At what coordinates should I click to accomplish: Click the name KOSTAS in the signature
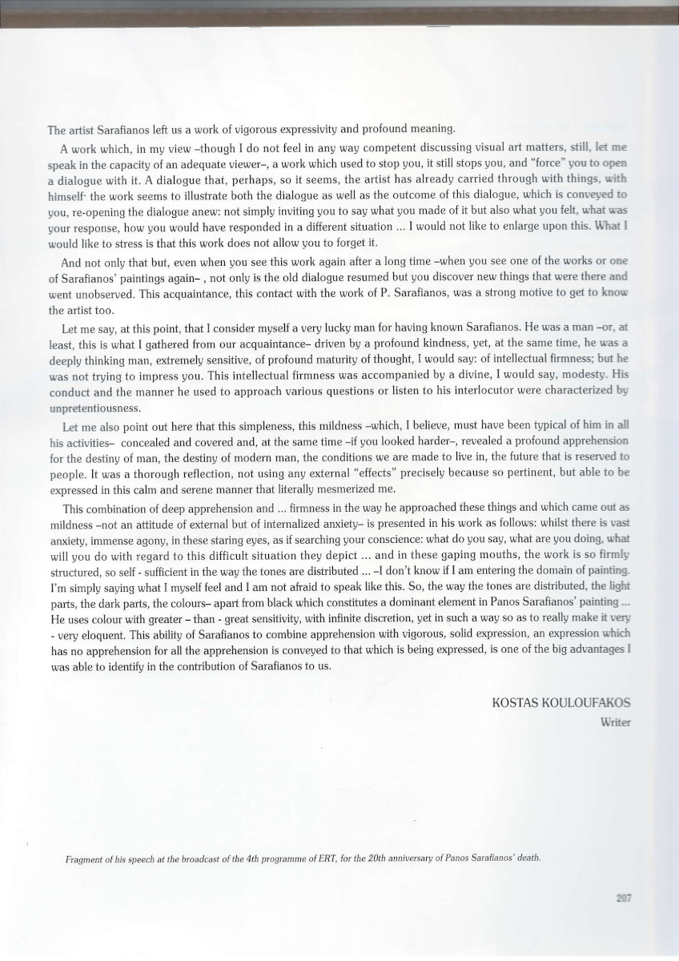[x=516, y=702]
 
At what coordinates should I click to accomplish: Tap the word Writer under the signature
[x=615, y=722]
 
